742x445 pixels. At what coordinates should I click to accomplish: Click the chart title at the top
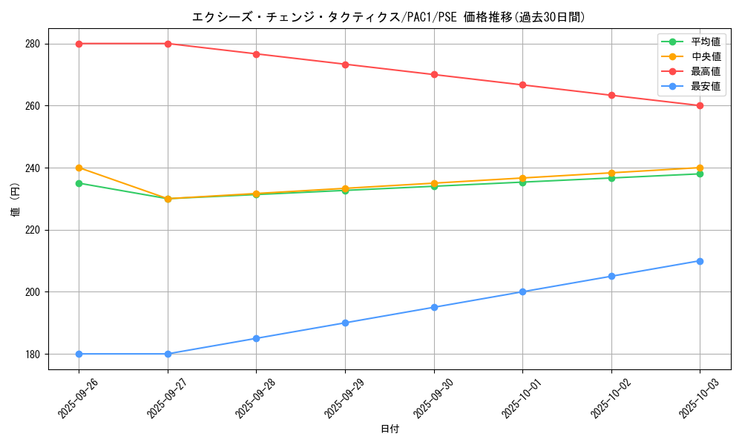coord(388,17)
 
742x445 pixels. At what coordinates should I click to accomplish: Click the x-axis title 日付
coord(390,429)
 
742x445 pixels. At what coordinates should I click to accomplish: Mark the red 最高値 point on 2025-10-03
coord(700,105)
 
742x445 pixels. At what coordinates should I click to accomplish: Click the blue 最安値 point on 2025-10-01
coord(522,291)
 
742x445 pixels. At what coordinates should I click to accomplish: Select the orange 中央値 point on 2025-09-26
coord(79,168)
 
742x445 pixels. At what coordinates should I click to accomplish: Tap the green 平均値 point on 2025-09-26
coord(79,183)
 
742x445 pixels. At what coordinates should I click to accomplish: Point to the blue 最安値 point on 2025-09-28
coord(256,338)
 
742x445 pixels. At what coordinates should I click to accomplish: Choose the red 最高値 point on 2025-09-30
coord(434,74)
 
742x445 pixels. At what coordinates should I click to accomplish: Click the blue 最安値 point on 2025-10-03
coord(700,261)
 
